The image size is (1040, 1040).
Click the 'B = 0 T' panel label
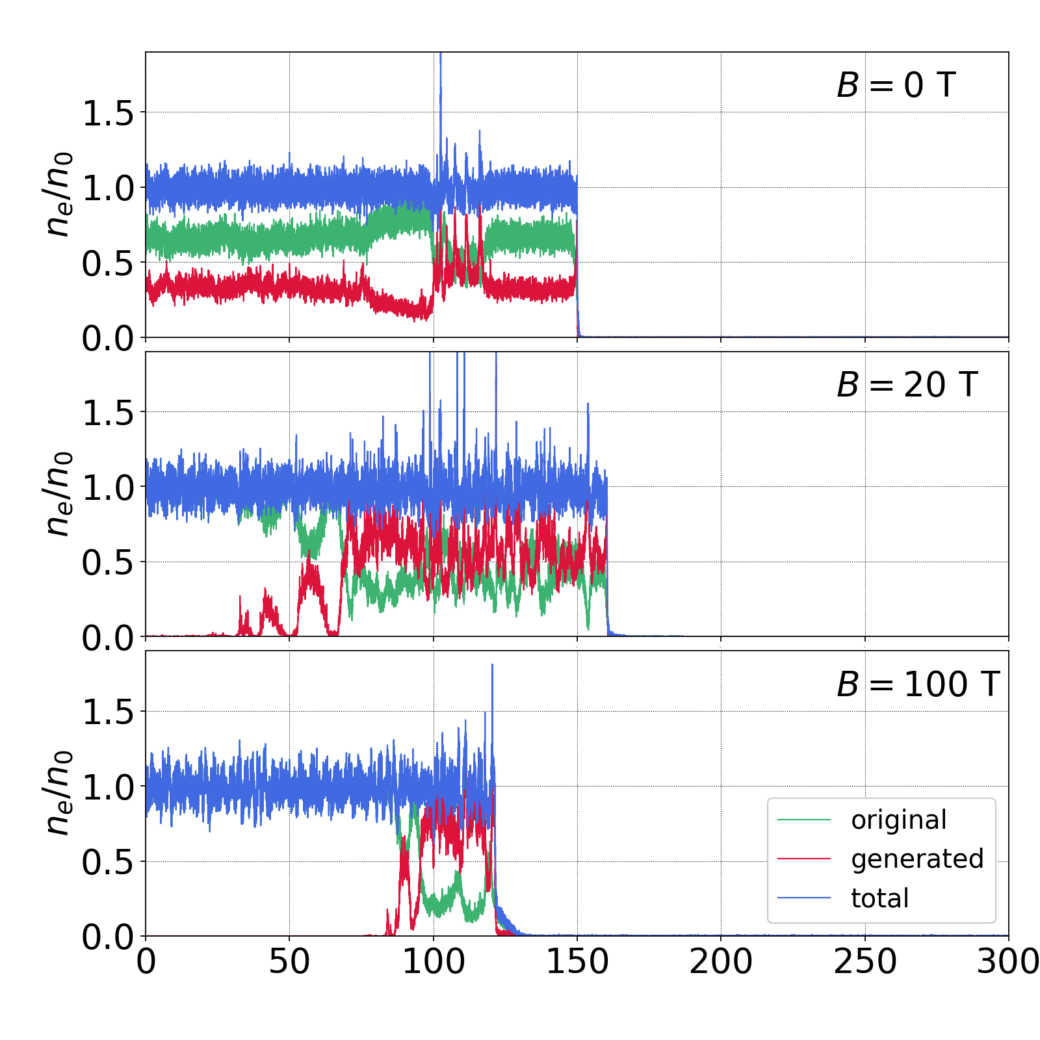(896, 85)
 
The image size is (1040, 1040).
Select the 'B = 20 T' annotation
(907, 385)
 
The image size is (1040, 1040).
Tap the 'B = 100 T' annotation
(917, 684)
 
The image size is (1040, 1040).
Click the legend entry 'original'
(898, 820)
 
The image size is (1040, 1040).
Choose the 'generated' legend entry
(916, 859)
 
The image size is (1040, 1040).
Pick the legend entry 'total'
(879, 898)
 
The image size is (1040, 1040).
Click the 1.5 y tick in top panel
(107, 113)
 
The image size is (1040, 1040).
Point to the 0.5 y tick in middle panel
(107, 563)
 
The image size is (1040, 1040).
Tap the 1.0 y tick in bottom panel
(107, 787)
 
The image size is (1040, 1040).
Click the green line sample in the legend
(804, 820)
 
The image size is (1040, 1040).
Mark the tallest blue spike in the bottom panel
(492, 666)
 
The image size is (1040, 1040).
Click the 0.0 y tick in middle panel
(107, 638)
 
